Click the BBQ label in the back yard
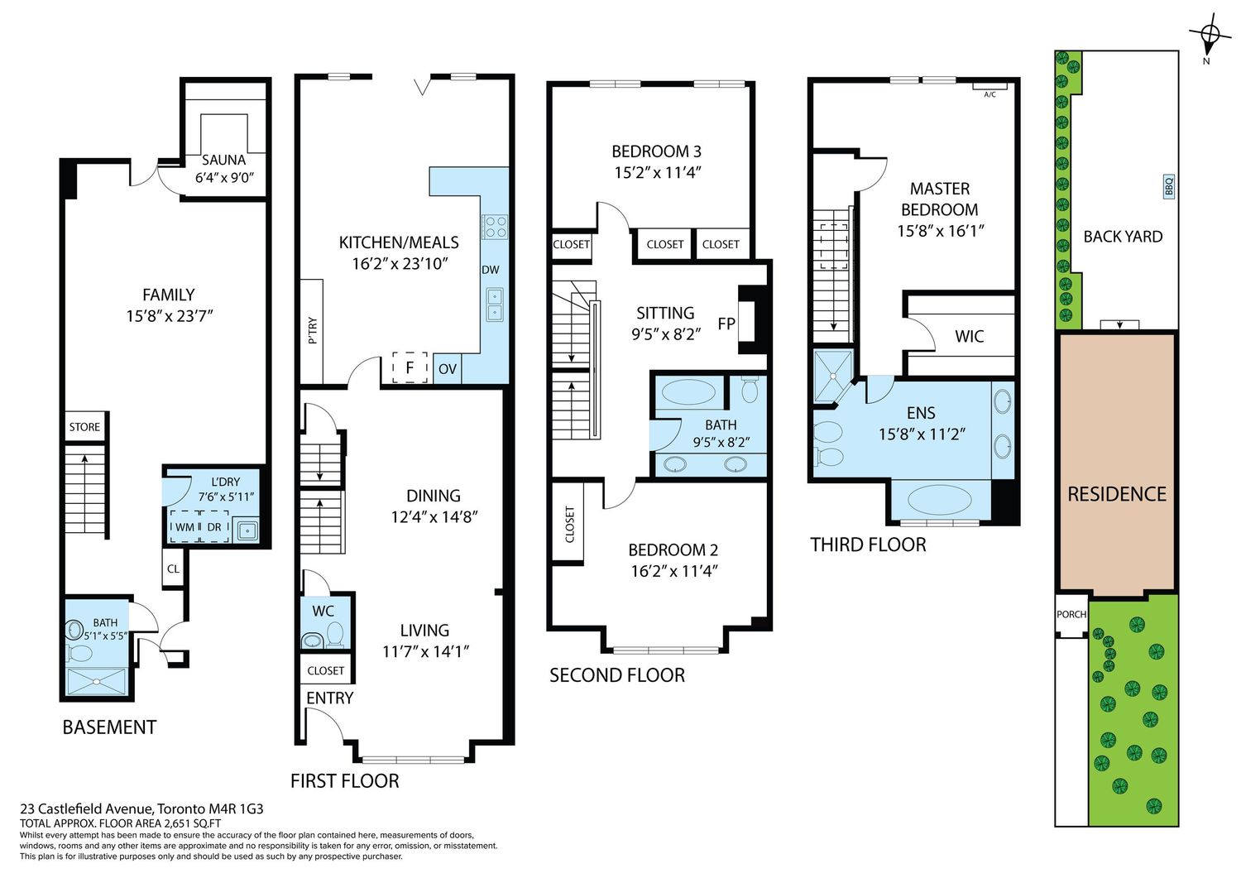[1169, 186]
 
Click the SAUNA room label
[223, 161]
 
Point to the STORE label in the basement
[84, 427]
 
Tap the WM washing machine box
[184, 526]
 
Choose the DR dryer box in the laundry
[214, 526]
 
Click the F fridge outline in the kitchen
[410, 367]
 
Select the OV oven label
[447, 369]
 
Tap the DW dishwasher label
[491, 270]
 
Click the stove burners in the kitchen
[495, 227]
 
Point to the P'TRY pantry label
[313, 330]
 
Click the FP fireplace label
[726, 324]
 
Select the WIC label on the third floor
[969, 336]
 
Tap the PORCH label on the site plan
[1071, 614]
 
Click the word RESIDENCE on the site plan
[1117, 494]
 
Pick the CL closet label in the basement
[173, 569]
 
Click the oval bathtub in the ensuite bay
[939, 500]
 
